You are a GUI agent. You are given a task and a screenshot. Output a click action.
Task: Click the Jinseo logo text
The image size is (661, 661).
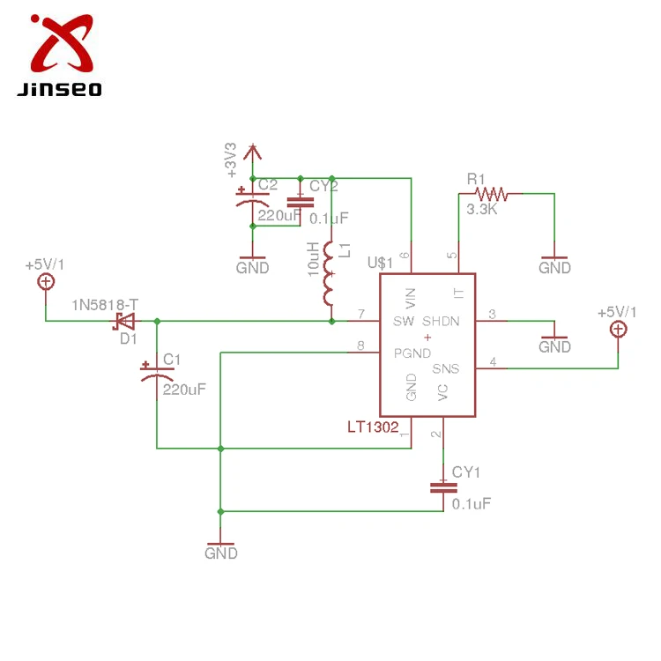tap(59, 89)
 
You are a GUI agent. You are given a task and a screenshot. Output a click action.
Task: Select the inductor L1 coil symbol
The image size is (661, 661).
tap(330, 273)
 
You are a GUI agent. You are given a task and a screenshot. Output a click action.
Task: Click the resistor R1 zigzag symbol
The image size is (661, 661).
tap(491, 193)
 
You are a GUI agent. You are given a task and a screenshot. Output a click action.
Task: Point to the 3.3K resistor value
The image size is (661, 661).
tap(482, 210)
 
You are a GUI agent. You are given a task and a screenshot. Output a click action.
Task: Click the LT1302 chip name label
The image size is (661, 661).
tap(373, 427)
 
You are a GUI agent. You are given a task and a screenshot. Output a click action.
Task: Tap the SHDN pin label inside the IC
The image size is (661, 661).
tap(441, 321)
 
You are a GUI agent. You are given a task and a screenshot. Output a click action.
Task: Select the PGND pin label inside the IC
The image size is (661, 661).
tap(412, 353)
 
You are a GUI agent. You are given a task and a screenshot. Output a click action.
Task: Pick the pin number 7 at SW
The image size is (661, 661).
tap(360, 314)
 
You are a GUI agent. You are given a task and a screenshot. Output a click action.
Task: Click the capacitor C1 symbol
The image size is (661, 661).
tap(157, 371)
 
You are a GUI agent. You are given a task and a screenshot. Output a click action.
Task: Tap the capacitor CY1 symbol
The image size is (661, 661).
tap(441, 489)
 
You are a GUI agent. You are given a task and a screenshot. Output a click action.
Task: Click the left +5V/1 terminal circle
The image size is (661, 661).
tap(45, 281)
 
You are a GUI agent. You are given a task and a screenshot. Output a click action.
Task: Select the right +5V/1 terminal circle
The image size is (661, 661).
tap(619, 329)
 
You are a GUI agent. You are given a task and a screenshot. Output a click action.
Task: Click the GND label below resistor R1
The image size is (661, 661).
tap(555, 267)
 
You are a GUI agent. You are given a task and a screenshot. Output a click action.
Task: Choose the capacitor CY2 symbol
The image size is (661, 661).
tap(301, 203)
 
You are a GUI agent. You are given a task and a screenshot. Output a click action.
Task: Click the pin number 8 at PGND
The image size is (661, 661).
tap(360, 345)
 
